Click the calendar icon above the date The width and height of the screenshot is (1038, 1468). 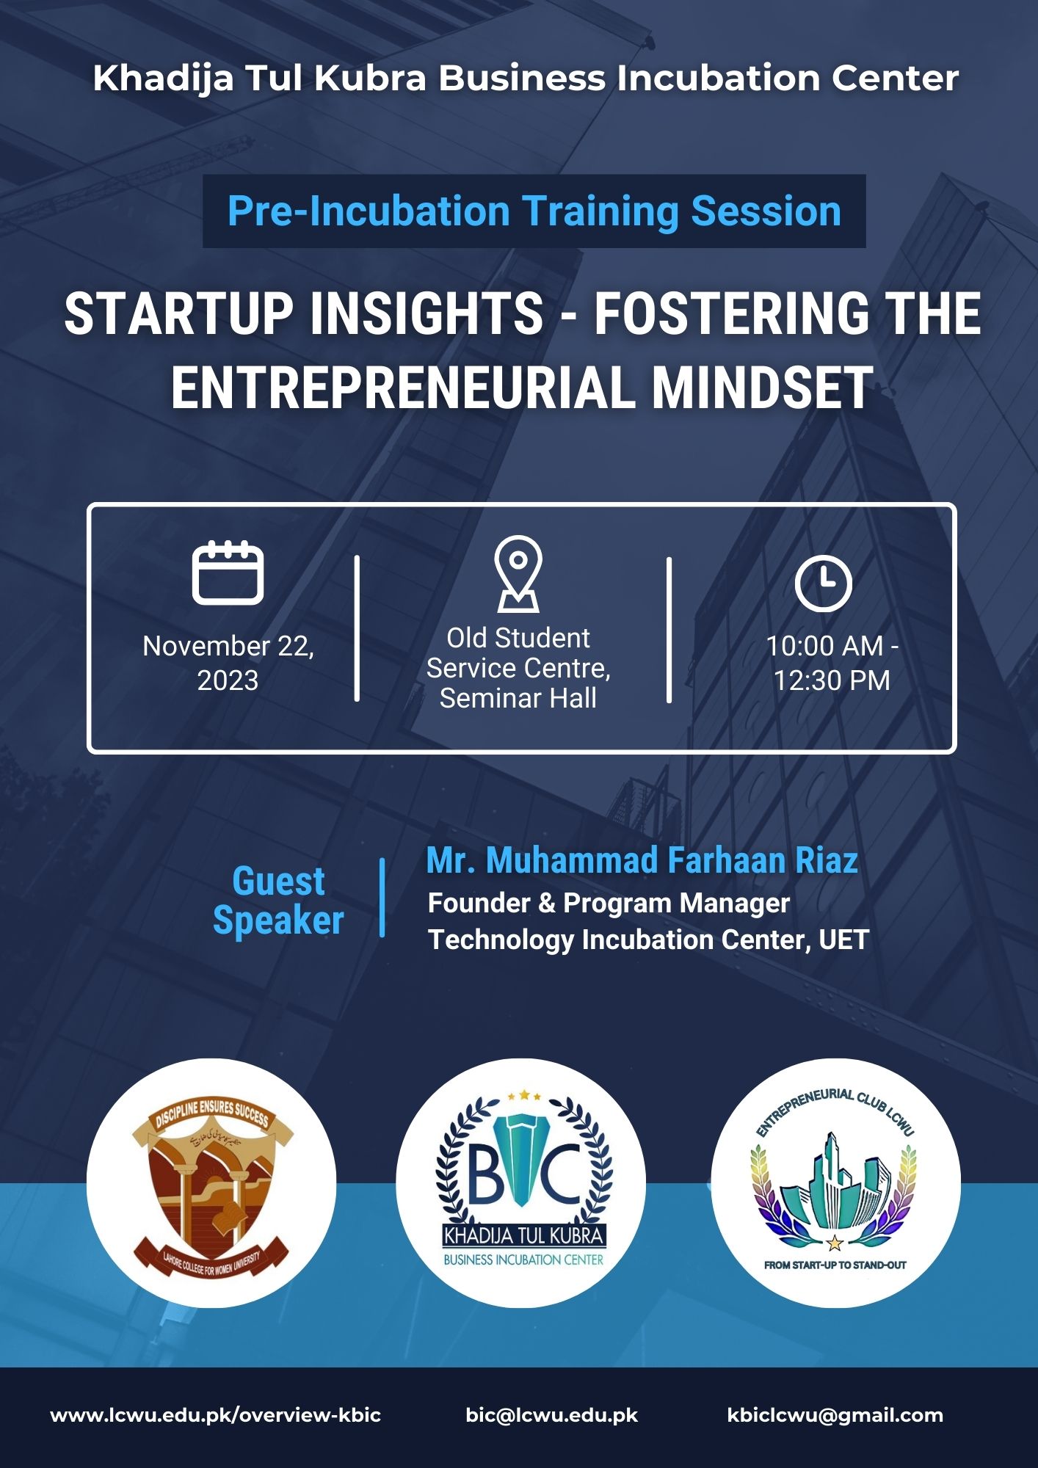point(228,573)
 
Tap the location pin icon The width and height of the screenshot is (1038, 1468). point(518,573)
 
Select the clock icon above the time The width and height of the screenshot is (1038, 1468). point(823,584)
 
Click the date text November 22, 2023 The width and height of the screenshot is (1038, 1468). point(228,663)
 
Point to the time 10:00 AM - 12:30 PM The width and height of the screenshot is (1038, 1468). point(832,663)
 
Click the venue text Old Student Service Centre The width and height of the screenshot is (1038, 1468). point(518,653)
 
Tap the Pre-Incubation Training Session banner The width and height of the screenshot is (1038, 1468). point(534,211)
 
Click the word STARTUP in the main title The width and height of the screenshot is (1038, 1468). point(179,314)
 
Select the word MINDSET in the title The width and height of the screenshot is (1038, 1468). point(763,388)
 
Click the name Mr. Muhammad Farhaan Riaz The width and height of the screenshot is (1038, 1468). point(642,860)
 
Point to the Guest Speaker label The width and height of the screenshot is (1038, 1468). point(278,901)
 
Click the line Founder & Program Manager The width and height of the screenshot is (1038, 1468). point(609,903)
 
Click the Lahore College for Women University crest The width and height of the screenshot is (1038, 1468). point(211,1183)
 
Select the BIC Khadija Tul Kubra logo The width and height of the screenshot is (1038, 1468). point(520,1183)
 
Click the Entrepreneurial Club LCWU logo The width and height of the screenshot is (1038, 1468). point(835,1183)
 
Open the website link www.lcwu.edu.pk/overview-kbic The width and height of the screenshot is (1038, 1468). point(216,1415)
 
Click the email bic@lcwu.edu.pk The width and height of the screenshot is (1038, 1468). point(552,1415)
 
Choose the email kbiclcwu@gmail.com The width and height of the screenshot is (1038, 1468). point(835,1416)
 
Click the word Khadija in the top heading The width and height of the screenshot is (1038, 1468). point(164,79)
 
